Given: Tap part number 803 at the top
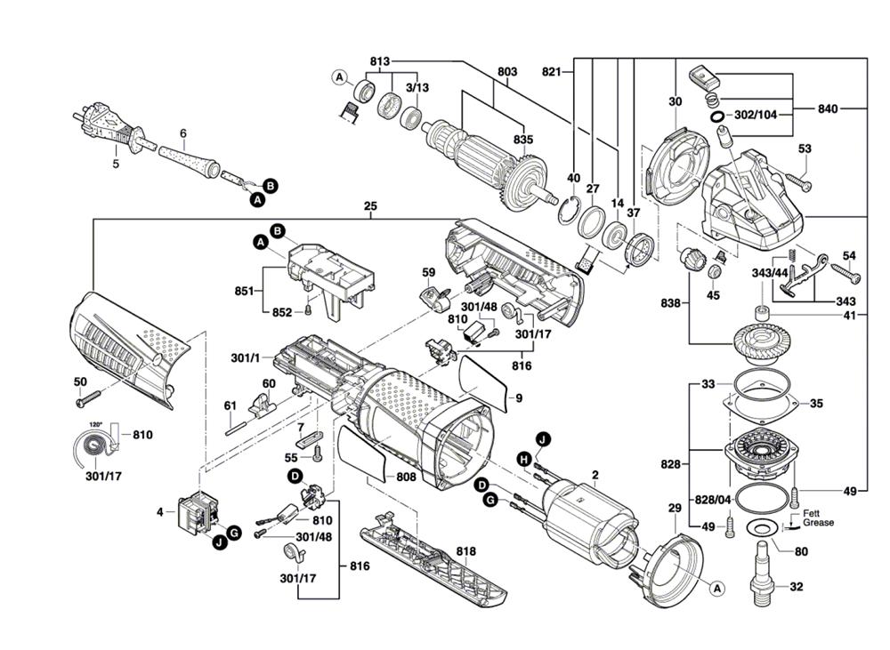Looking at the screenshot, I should pyautogui.click(x=507, y=71).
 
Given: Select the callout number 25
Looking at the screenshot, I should pyautogui.click(x=370, y=206).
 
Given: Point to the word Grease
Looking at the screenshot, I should pyautogui.click(x=818, y=523).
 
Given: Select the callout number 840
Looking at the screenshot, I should pyautogui.click(x=828, y=108).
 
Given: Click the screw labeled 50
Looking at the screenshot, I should pyautogui.click(x=90, y=400).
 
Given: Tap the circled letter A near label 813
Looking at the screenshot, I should pyautogui.click(x=339, y=78).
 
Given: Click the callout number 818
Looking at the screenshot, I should pyautogui.click(x=466, y=551).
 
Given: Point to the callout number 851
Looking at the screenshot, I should pyautogui.click(x=241, y=290).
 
